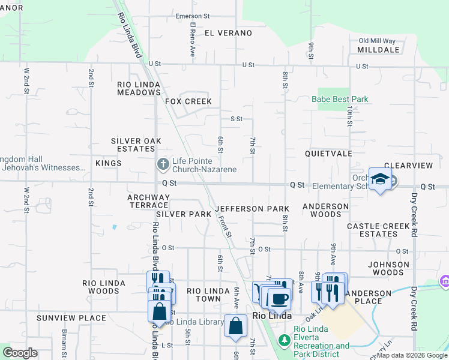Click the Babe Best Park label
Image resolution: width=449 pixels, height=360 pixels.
340,99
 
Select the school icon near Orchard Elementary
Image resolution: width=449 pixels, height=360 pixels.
381,179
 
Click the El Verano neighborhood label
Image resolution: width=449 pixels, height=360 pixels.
228,33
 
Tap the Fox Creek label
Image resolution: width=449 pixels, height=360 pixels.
189,101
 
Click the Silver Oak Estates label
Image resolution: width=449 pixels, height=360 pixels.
136,145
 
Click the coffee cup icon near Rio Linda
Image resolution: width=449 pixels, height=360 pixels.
279,298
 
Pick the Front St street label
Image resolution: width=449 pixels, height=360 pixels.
225,226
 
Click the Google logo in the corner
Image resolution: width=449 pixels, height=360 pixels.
20,352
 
